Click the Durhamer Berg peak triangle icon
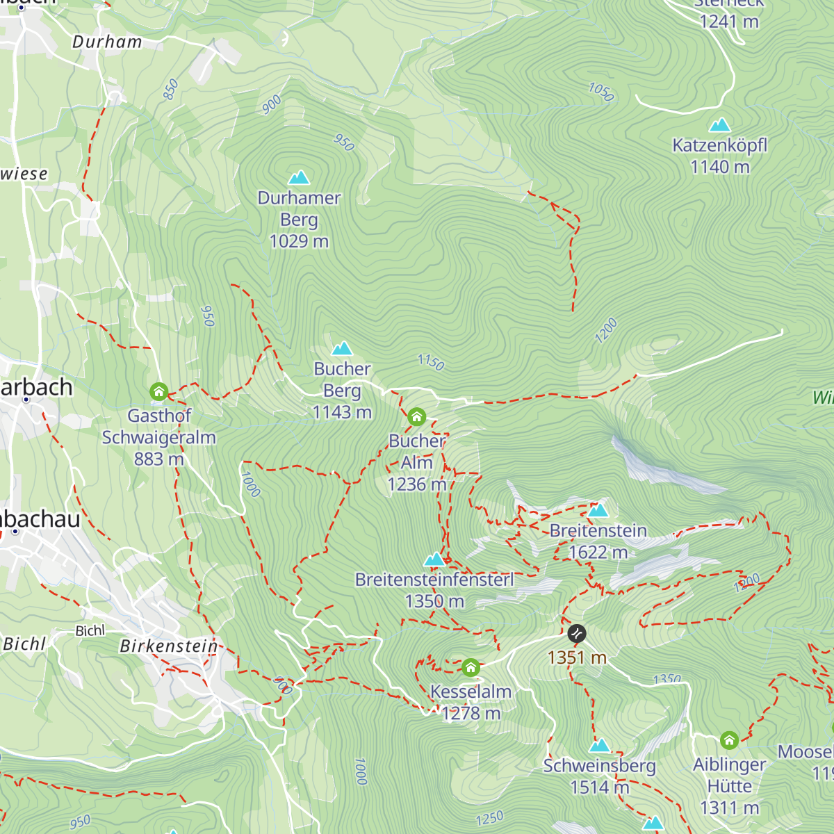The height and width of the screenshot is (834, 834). pos(299,177)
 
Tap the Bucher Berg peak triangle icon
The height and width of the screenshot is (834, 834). pos(342,348)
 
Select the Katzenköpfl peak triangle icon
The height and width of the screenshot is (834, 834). pos(719,125)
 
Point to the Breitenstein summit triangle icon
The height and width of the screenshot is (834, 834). pos(598,510)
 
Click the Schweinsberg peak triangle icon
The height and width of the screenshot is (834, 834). pos(599,746)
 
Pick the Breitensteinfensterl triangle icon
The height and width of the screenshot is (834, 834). pos(435,559)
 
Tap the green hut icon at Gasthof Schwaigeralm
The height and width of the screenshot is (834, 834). pos(159,392)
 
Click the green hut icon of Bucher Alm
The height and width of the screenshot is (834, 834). pos(416,416)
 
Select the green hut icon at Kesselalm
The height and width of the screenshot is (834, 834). pos(471,668)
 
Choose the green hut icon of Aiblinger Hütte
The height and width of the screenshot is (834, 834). pos(729,740)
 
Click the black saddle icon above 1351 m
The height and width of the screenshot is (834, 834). pos(577,633)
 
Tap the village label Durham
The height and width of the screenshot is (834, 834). pos(107,42)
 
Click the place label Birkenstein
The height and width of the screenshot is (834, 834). pos(169,646)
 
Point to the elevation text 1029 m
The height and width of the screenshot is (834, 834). pos(299,241)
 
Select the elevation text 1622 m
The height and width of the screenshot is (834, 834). pos(598,553)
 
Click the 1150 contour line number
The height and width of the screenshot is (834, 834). pos(431,362)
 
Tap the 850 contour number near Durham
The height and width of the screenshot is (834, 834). pos(171,90)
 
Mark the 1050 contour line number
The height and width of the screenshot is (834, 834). pos(601,92)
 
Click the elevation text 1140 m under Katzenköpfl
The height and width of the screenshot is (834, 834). pos(719,167)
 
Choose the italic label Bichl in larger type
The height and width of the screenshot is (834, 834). pos(24,644)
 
